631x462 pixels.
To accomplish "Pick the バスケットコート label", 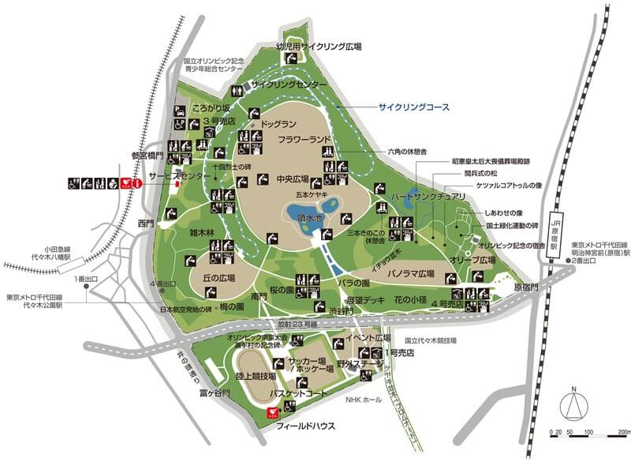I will point(297,393).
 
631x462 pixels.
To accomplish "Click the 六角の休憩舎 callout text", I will point(408,151).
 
